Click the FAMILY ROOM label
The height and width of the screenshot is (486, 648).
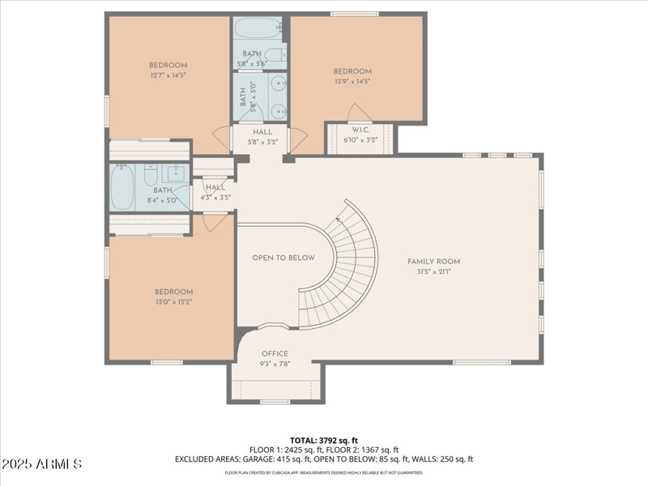tap(433, 262)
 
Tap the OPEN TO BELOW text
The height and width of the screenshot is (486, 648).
tap(283, 258)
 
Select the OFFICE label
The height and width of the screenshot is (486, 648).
tap(275, 354)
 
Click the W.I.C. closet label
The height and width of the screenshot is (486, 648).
tap(360, 130)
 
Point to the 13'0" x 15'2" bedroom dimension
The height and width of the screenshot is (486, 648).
tap(173, 302)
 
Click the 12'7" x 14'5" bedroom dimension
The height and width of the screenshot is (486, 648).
tap(168, 75)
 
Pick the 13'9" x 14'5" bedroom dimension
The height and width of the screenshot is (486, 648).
tap(352, 81)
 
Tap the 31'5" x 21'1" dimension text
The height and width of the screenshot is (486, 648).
tap(433, 271)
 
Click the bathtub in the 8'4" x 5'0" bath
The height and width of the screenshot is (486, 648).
tap(122, 186)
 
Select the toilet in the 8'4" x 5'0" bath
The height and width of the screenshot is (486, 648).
tap(151, 174)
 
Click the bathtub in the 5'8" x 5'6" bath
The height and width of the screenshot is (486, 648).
tap(257, 30)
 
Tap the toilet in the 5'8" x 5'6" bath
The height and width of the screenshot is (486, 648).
tap(275, 56)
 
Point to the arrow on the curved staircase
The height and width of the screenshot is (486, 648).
tap(338, 218)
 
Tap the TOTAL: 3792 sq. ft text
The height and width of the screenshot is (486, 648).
tap(323, 439)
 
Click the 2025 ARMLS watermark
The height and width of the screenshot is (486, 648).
tap(41, 464)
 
